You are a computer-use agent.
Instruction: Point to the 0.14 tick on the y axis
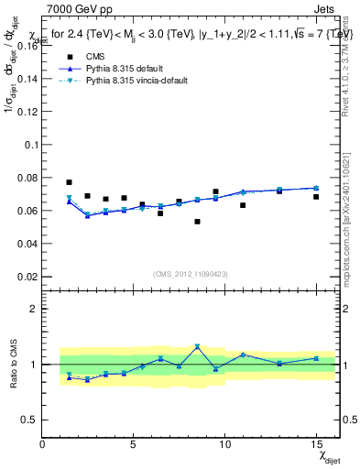click(x=26, y=79)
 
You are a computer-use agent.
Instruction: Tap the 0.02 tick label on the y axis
click(x=26, y=277)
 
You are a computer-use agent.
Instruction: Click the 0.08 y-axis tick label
click(x=26, y=178)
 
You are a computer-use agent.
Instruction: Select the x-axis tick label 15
click(x=316, y=444)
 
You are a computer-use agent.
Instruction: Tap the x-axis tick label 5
click(x=134, y=444)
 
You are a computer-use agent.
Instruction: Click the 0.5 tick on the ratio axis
click(x=28, y=420)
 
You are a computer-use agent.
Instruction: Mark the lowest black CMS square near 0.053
click(x=197, y=222)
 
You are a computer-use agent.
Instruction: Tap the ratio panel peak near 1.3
click(x=197, y=347)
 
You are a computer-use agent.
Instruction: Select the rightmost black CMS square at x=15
click(x=316, y=197)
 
